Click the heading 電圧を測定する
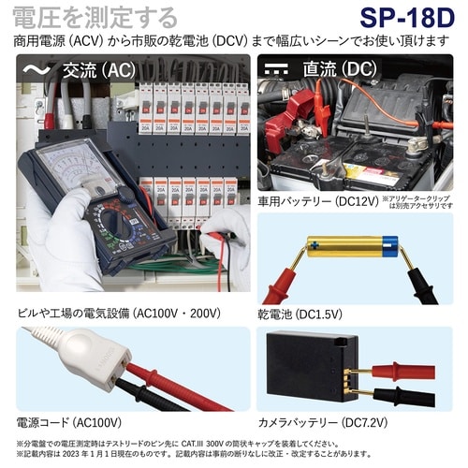click(x=94, y=17)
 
